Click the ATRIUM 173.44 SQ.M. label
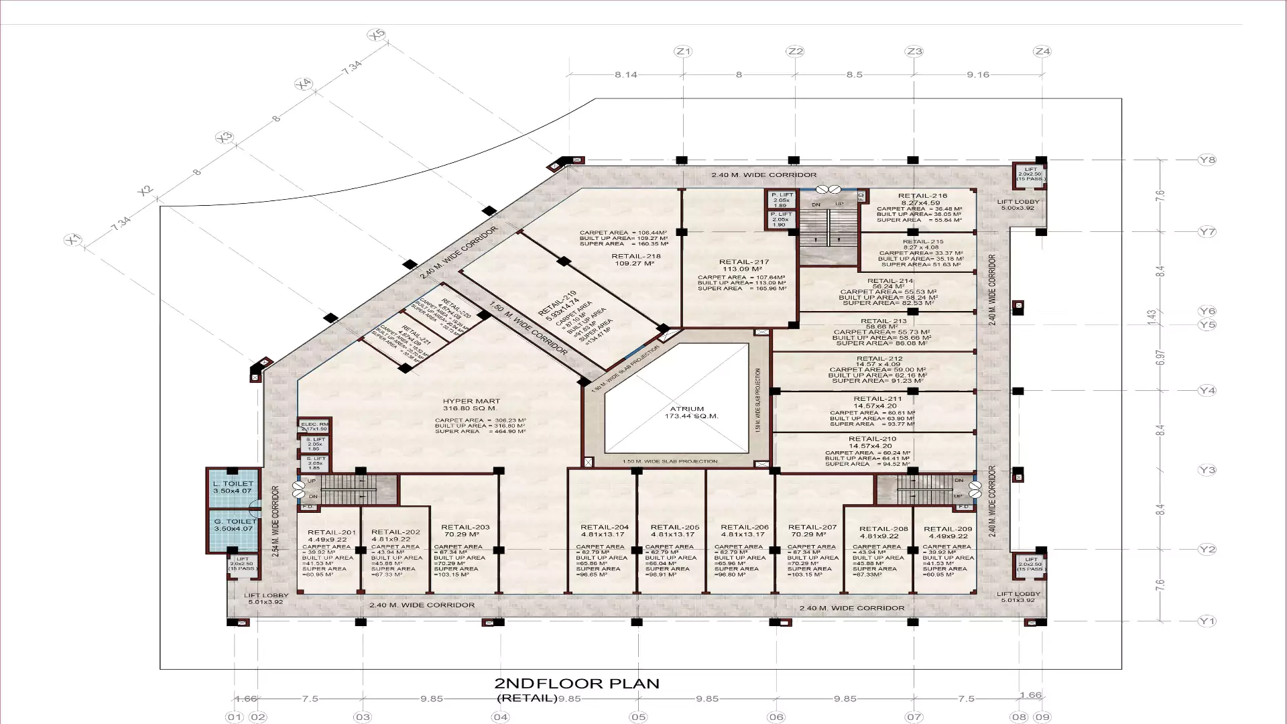click(687, 412)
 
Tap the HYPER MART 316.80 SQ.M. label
click(471, 404)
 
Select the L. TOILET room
click(233, 487)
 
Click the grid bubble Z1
click(683, 52)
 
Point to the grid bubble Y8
click(1207, 160)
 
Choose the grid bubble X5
click(376, 35)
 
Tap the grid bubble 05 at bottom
click(637, 717)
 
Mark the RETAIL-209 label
click(947, 529)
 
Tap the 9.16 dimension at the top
click(978, 74)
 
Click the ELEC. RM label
click(314, 424)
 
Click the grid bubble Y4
click(1207, 391)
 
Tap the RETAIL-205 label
click(674, 528)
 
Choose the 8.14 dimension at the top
click(625, 74)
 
